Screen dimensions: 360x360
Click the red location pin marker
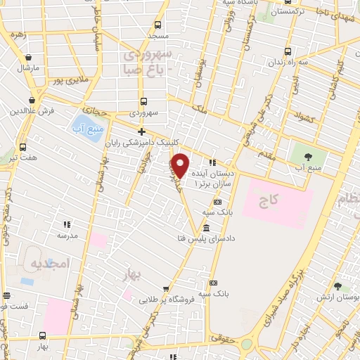coord(181,165)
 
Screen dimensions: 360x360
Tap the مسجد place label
coord(157,34)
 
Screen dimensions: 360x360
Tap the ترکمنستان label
coord(288,12)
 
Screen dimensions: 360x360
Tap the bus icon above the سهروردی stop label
coord(143,101)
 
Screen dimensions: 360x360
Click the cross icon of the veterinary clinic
coord(141,131)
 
